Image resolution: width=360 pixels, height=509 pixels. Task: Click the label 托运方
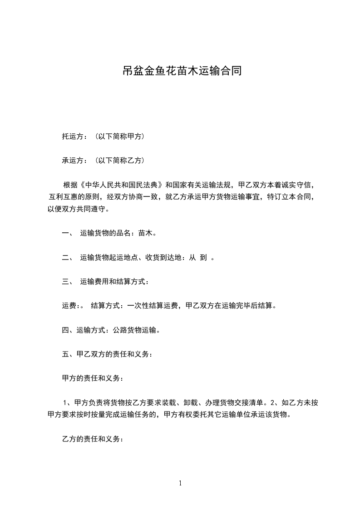pos(71,136)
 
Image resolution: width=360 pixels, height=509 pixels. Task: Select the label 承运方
pos(71,160)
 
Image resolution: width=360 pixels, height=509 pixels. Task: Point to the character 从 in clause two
pos(192,258)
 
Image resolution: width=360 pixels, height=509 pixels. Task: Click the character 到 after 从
pos(203,258)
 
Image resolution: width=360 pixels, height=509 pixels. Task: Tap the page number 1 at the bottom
pos(180,484)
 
